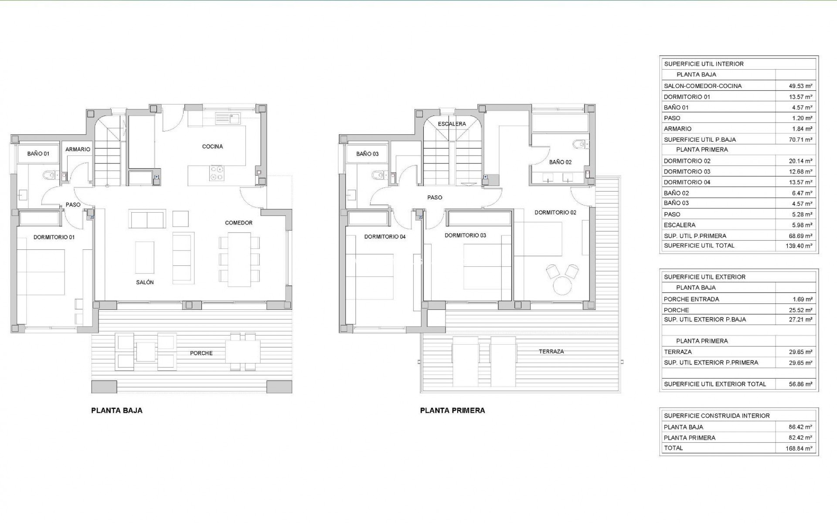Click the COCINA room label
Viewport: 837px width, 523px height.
(x=212, y=146)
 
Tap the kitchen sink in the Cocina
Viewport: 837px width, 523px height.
(x=228, y=117)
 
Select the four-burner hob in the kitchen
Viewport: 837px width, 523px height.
(x=216, y=173)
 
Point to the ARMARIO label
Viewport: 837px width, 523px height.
(x=78, y=149)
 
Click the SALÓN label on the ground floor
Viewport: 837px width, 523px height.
(x=145, y=282)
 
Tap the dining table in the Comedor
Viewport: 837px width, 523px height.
(x=239, y=259)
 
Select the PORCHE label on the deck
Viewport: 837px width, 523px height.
(x=201, y=353)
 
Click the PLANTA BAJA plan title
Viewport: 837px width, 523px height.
(x=116, y=410)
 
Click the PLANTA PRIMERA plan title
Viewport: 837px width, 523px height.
(x=452, y=410)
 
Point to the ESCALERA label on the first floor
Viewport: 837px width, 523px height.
(x=452, y=124)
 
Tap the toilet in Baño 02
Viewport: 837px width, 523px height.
(x=578, y=144)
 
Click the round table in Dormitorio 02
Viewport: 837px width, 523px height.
(x=562, y=287)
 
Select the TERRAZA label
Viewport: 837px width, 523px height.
(x=551, y=351)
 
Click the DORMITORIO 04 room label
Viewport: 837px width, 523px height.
(x=384, y=237)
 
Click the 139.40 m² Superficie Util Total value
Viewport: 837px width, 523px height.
(x=800, y=246)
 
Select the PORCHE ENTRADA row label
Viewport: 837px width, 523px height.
(x=691, y=299)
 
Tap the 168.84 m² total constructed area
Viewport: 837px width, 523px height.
(x=800, y=448)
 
